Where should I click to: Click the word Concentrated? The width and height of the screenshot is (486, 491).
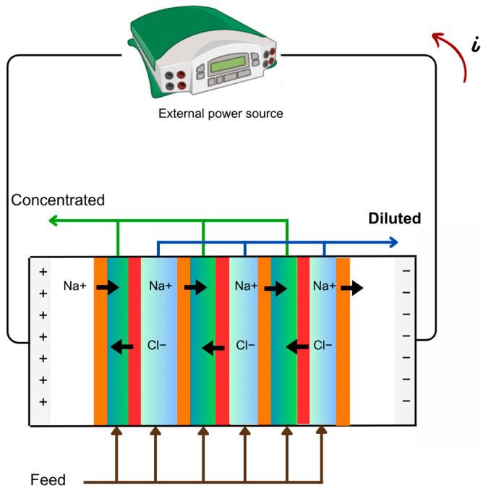(58, 200)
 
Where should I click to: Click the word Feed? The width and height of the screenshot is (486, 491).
(48, 479)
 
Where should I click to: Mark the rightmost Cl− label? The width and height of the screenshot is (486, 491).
(323, 346)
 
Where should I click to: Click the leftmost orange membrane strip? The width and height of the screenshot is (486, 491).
(100, 340)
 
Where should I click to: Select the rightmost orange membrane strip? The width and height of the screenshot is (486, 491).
(343, 340)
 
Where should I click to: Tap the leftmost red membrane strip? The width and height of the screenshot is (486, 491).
(135, 340)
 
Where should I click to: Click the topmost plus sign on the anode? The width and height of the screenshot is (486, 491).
(42, 272)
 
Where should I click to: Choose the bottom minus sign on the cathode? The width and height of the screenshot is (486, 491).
(405, 401)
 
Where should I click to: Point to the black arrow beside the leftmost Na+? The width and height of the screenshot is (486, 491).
(108, 288)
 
